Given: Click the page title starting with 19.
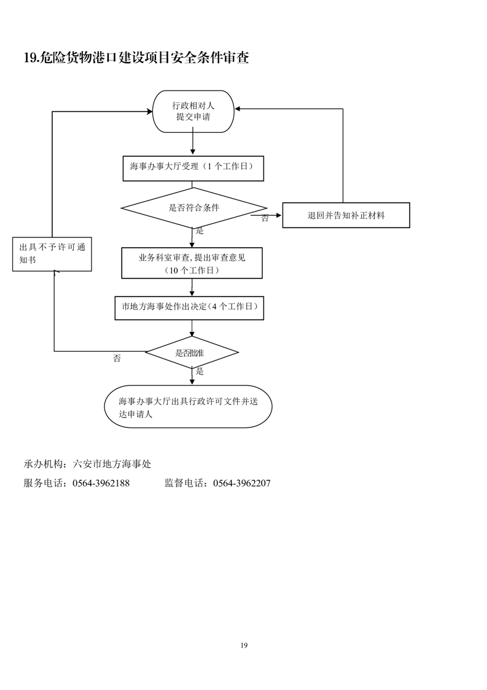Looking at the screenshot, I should pos(136,58).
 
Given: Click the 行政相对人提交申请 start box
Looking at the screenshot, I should pos(193,111).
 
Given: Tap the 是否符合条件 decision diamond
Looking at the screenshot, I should pos(193,208).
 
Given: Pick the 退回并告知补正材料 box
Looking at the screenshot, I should pos(346,215).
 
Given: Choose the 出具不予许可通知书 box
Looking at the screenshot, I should pos(52,253).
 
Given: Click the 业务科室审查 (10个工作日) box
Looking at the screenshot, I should pos(192,263).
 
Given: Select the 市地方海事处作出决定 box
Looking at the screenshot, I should pos(189,307).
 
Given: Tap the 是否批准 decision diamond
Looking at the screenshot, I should pos(192,352).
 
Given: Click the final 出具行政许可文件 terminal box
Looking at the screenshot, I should pos(188,406).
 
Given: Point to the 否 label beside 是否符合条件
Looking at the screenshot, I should pos(265,218).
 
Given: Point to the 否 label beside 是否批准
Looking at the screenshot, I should pos(117,358).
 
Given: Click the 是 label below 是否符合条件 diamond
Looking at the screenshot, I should pos(199,231).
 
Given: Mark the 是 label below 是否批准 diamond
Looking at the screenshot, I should pos(199,371).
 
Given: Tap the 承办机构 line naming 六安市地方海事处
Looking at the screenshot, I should pos(92,464).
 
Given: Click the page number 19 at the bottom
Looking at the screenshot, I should pos(244,645).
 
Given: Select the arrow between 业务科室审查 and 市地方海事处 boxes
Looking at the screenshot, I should pos(193,287).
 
